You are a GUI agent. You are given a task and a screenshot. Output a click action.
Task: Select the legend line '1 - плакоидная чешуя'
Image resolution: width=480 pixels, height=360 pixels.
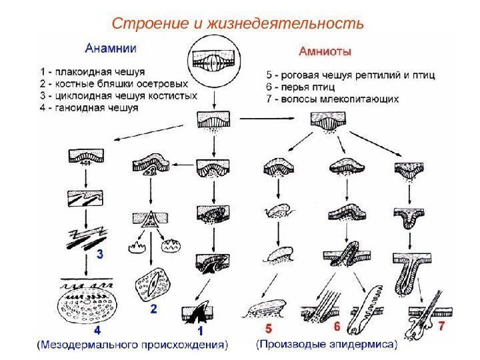click(93, 70)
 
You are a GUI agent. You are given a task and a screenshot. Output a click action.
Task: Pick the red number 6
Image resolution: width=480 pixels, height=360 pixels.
click(337, 327)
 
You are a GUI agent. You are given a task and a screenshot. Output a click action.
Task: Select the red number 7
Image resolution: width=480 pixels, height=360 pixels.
click(440, 327)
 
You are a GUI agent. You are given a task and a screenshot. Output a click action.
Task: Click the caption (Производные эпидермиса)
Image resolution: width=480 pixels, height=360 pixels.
click(327, 345)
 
